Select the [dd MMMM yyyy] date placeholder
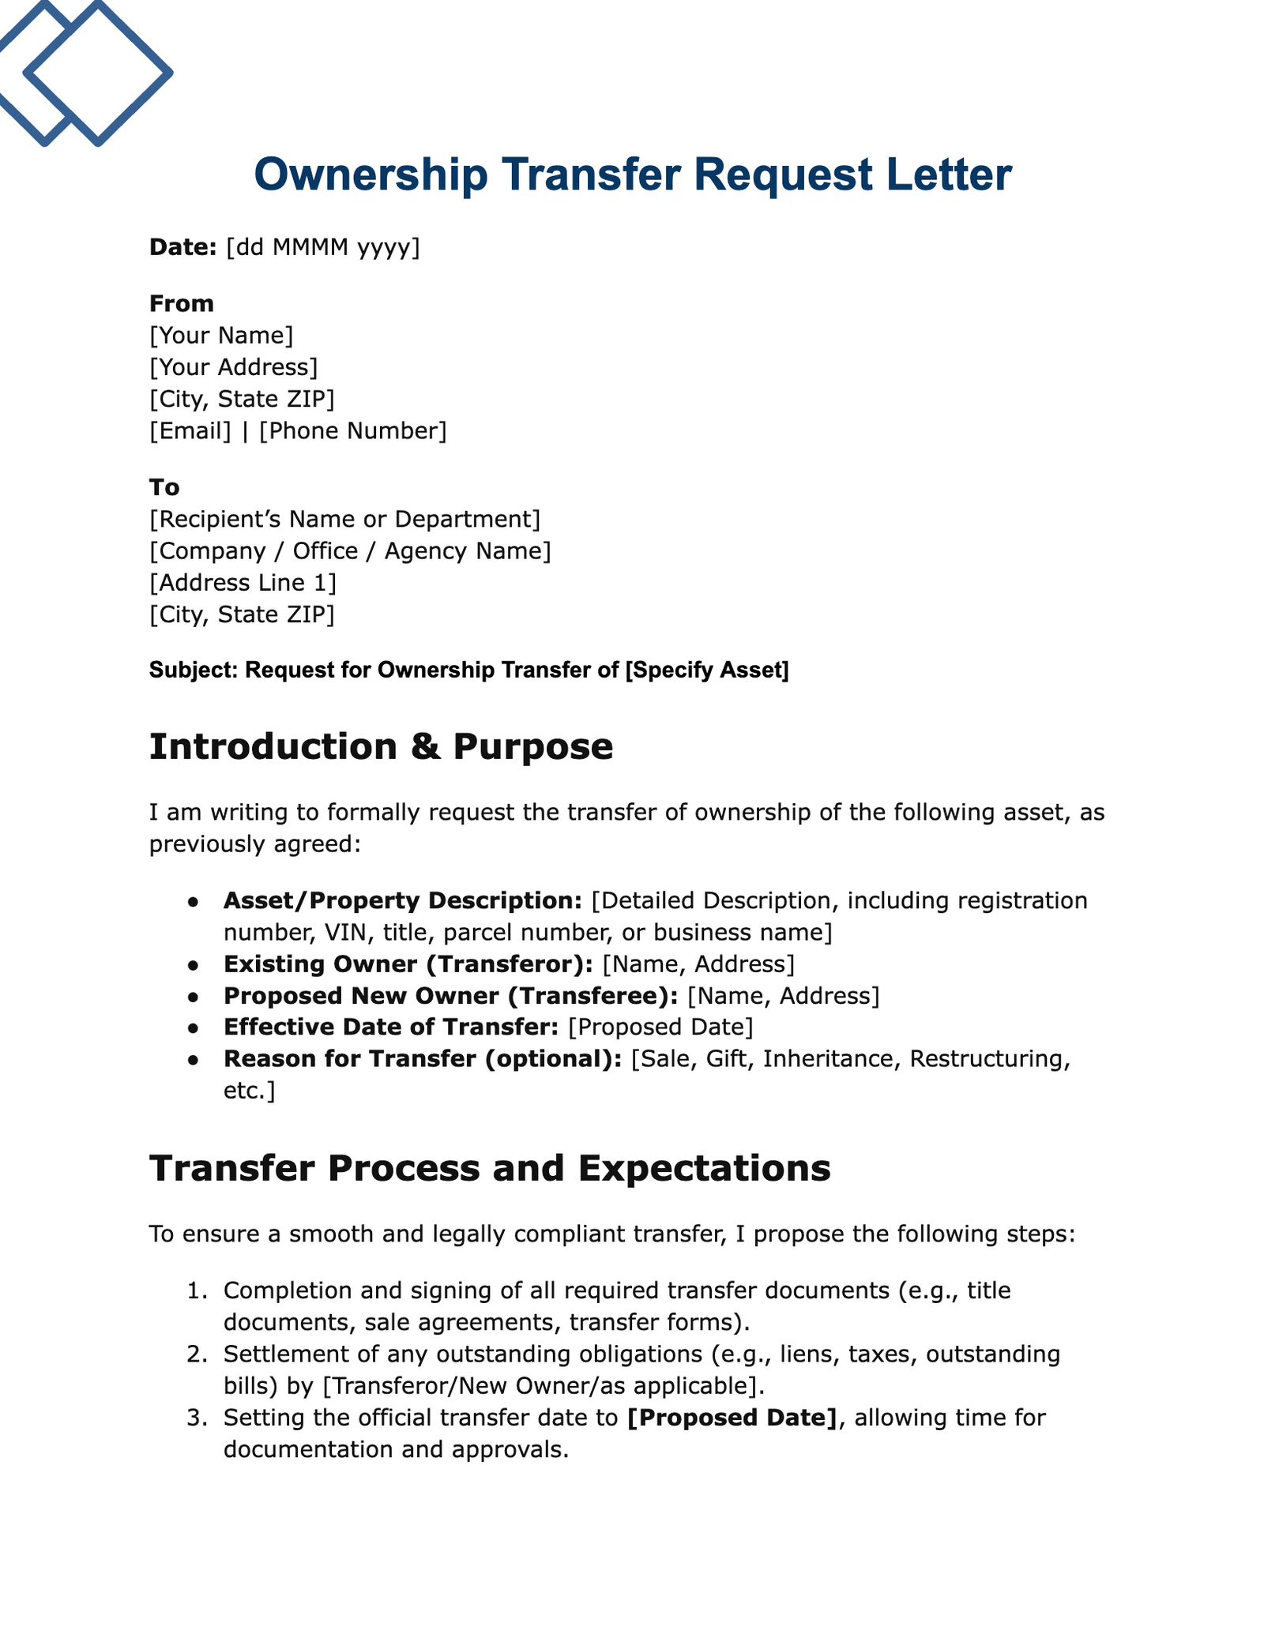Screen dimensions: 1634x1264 (x=323, y=248)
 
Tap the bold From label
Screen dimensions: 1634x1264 (x=182, y=303)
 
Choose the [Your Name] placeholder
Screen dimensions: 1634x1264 (x=221, y=336)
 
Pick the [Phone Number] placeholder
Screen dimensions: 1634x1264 (x=352, y=431)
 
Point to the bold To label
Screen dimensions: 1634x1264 (x=164, y=487)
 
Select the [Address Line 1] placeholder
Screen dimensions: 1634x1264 (x=243, y=583)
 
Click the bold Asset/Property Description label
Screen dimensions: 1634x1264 (x=403, y=900)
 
